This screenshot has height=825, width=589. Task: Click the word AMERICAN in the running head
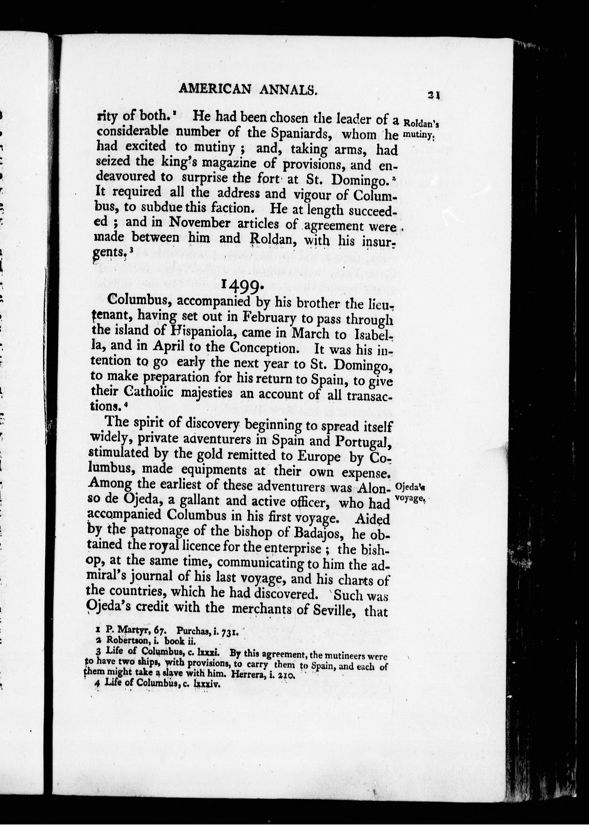215,89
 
